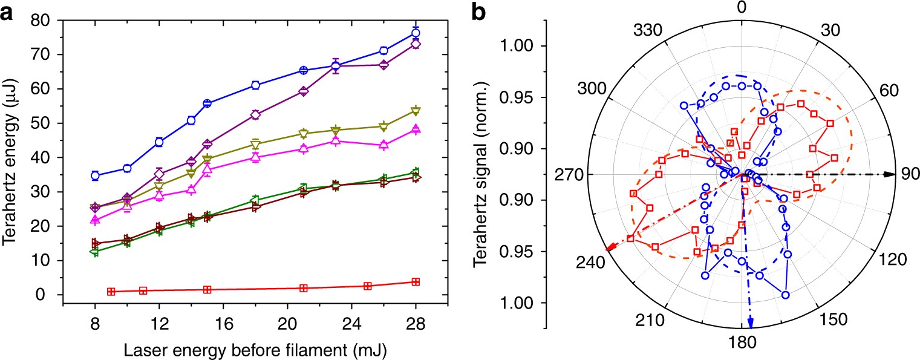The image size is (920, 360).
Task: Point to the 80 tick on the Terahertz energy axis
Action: (x=41, y=20)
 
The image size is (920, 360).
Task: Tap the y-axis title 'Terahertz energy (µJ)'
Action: (x=10, y=158)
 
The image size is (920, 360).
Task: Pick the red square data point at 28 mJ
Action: (x=416, y=282)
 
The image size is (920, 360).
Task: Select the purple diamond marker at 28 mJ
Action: (x=416, y=44)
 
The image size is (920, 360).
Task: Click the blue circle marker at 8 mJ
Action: (x=95, y=175)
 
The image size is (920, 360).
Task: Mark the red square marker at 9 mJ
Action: (x=111, y=292)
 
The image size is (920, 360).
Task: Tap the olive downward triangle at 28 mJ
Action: (x=416, y=111)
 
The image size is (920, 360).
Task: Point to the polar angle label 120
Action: (x=893, y=260)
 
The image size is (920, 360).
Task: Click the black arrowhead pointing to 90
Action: (x=889, y=174)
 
